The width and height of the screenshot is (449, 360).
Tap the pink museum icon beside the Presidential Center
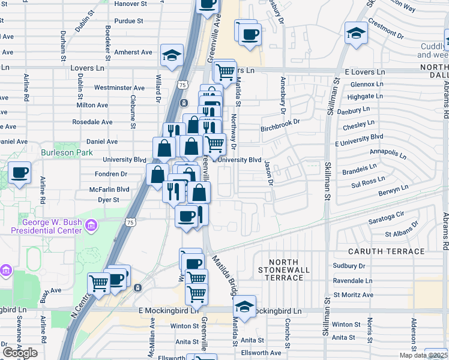click(91, 226)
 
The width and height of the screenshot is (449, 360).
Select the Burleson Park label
click(67, 152)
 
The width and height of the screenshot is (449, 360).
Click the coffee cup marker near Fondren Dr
click(19, 173)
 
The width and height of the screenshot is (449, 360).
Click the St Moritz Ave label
click(354, 295)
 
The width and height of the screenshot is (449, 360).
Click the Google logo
click(20, 353)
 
